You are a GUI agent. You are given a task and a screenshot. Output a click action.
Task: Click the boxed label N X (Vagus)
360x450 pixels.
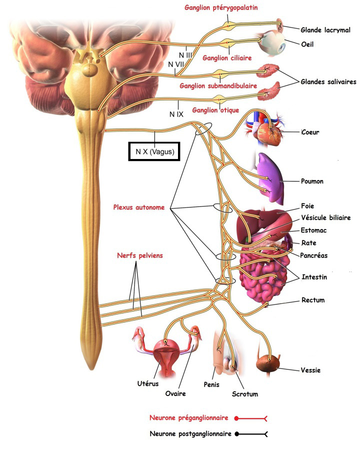tap(154, 151)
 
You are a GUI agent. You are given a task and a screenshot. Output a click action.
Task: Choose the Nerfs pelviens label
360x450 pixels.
tap(137, 255)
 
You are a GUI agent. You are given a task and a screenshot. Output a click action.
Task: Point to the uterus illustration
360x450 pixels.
tap(165, 355)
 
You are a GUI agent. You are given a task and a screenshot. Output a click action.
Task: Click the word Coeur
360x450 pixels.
tap(310, 132)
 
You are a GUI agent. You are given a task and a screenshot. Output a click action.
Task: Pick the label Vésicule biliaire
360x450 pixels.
tap(325, 217)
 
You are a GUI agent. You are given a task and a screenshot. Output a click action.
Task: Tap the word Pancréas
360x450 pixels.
tap(314, 255)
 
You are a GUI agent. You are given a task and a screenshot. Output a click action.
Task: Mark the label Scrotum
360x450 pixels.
tap(245, 394)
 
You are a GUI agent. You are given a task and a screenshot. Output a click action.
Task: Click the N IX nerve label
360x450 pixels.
tap(175, 114)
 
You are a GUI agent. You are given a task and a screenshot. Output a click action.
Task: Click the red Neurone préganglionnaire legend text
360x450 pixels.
tap(188, 417)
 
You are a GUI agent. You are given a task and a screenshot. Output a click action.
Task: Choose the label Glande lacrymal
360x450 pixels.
tap(325, 29)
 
